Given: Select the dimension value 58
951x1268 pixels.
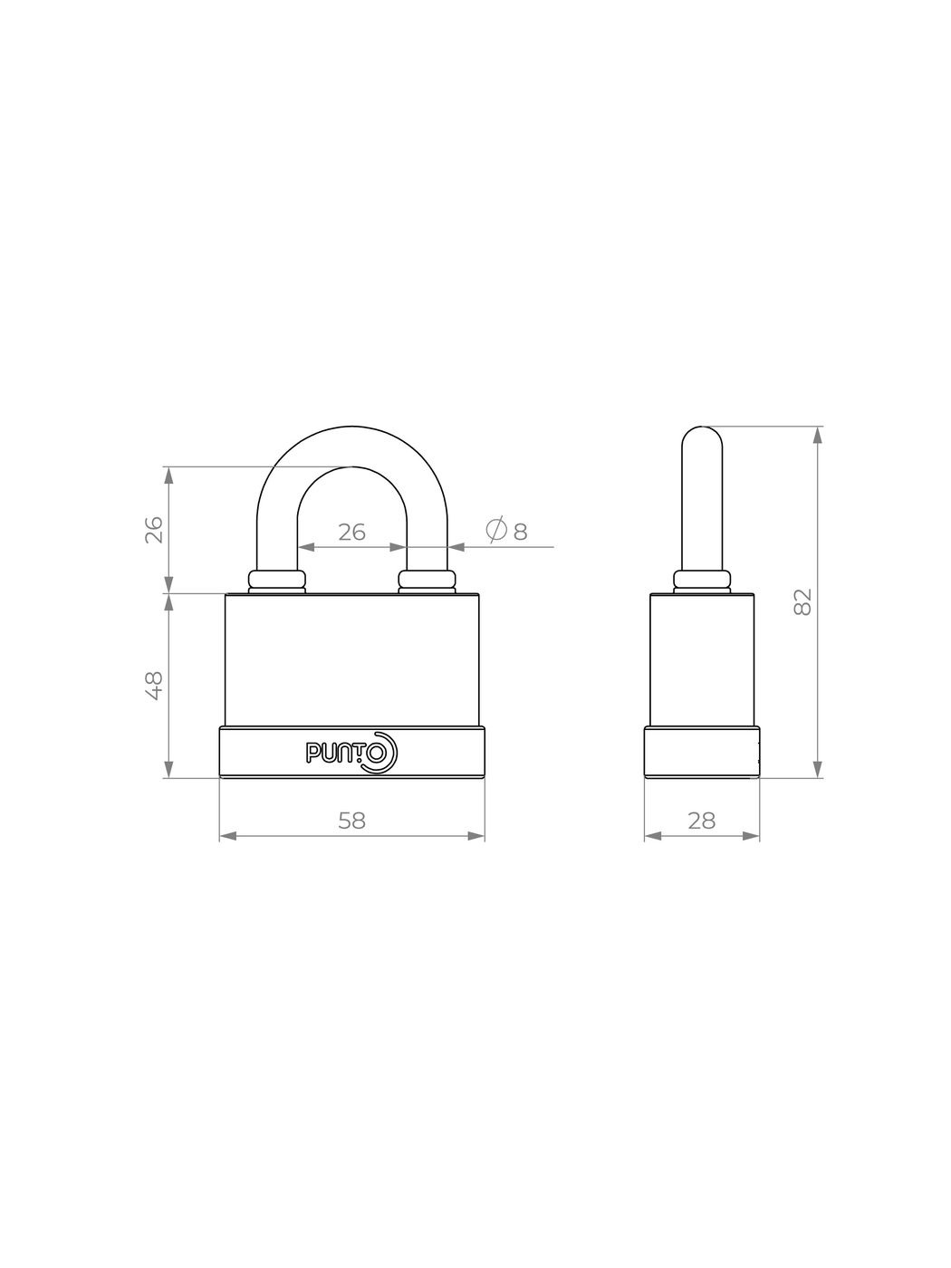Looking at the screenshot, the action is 352,821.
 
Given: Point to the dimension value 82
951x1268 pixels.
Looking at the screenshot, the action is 803,602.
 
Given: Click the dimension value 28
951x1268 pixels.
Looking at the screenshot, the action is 702,821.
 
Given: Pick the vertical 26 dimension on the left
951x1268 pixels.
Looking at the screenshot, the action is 154,530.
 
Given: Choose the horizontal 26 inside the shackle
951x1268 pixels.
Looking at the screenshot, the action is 351,532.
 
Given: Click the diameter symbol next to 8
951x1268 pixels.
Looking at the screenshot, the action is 496,530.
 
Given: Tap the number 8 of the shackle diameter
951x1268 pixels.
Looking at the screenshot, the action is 520,532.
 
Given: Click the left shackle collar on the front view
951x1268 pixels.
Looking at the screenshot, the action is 276,582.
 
